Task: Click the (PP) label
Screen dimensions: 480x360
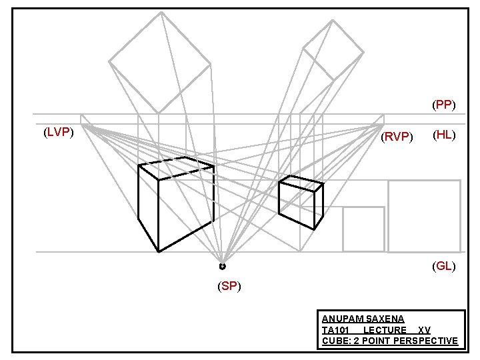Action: click(443, 105)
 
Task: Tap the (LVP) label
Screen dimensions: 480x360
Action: click(57, 132)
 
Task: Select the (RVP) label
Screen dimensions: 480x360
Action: click(397, 137)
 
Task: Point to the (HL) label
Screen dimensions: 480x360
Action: click(444, 135)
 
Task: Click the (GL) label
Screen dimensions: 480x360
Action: click(444, 266)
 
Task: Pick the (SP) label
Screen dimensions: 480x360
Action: click(229, 287)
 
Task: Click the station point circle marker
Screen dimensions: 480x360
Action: click(222, 266)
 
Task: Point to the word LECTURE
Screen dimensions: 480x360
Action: click(385, 331)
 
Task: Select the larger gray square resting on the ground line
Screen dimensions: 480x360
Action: click(424, 216)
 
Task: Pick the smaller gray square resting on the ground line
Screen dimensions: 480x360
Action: click(363, 229)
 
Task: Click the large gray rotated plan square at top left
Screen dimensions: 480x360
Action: click(160, 62)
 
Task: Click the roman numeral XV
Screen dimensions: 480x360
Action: click(424, 331)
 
